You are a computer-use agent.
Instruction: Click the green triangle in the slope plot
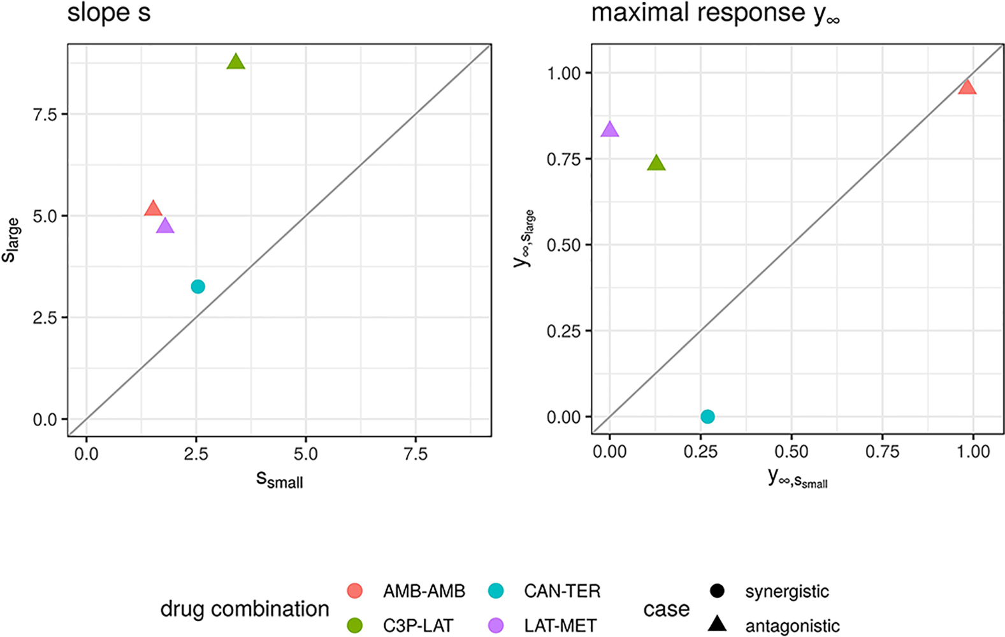pos(236,62)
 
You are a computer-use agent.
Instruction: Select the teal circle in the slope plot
pos(198,287)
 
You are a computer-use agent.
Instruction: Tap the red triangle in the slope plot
pos(153,209)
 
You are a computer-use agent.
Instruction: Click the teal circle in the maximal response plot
pos(707,417)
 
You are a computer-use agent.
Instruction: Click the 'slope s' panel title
pos(109,13)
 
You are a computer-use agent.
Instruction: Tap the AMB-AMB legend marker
pos(354,591)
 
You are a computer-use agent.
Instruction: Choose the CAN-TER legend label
pos(562,591)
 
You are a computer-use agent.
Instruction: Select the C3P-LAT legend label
pos(418,626)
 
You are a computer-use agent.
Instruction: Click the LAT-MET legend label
pos(560,626)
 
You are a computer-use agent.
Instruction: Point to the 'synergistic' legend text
pos(787,591)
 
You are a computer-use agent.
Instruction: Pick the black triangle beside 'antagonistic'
pos(717,624)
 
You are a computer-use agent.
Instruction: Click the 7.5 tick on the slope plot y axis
pos(45,114)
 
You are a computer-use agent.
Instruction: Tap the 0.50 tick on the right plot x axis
pos(791,452)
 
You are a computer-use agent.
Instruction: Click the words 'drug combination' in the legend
pos(245,609)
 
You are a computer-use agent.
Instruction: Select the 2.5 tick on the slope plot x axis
pos(196,454)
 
